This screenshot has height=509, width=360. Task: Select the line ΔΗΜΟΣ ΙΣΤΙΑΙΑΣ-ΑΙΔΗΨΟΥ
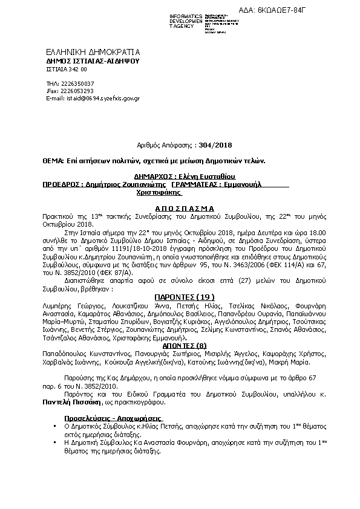click(x=93, y=62)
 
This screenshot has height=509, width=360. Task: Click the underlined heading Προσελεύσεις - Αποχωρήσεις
click(x=113, y=418)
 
